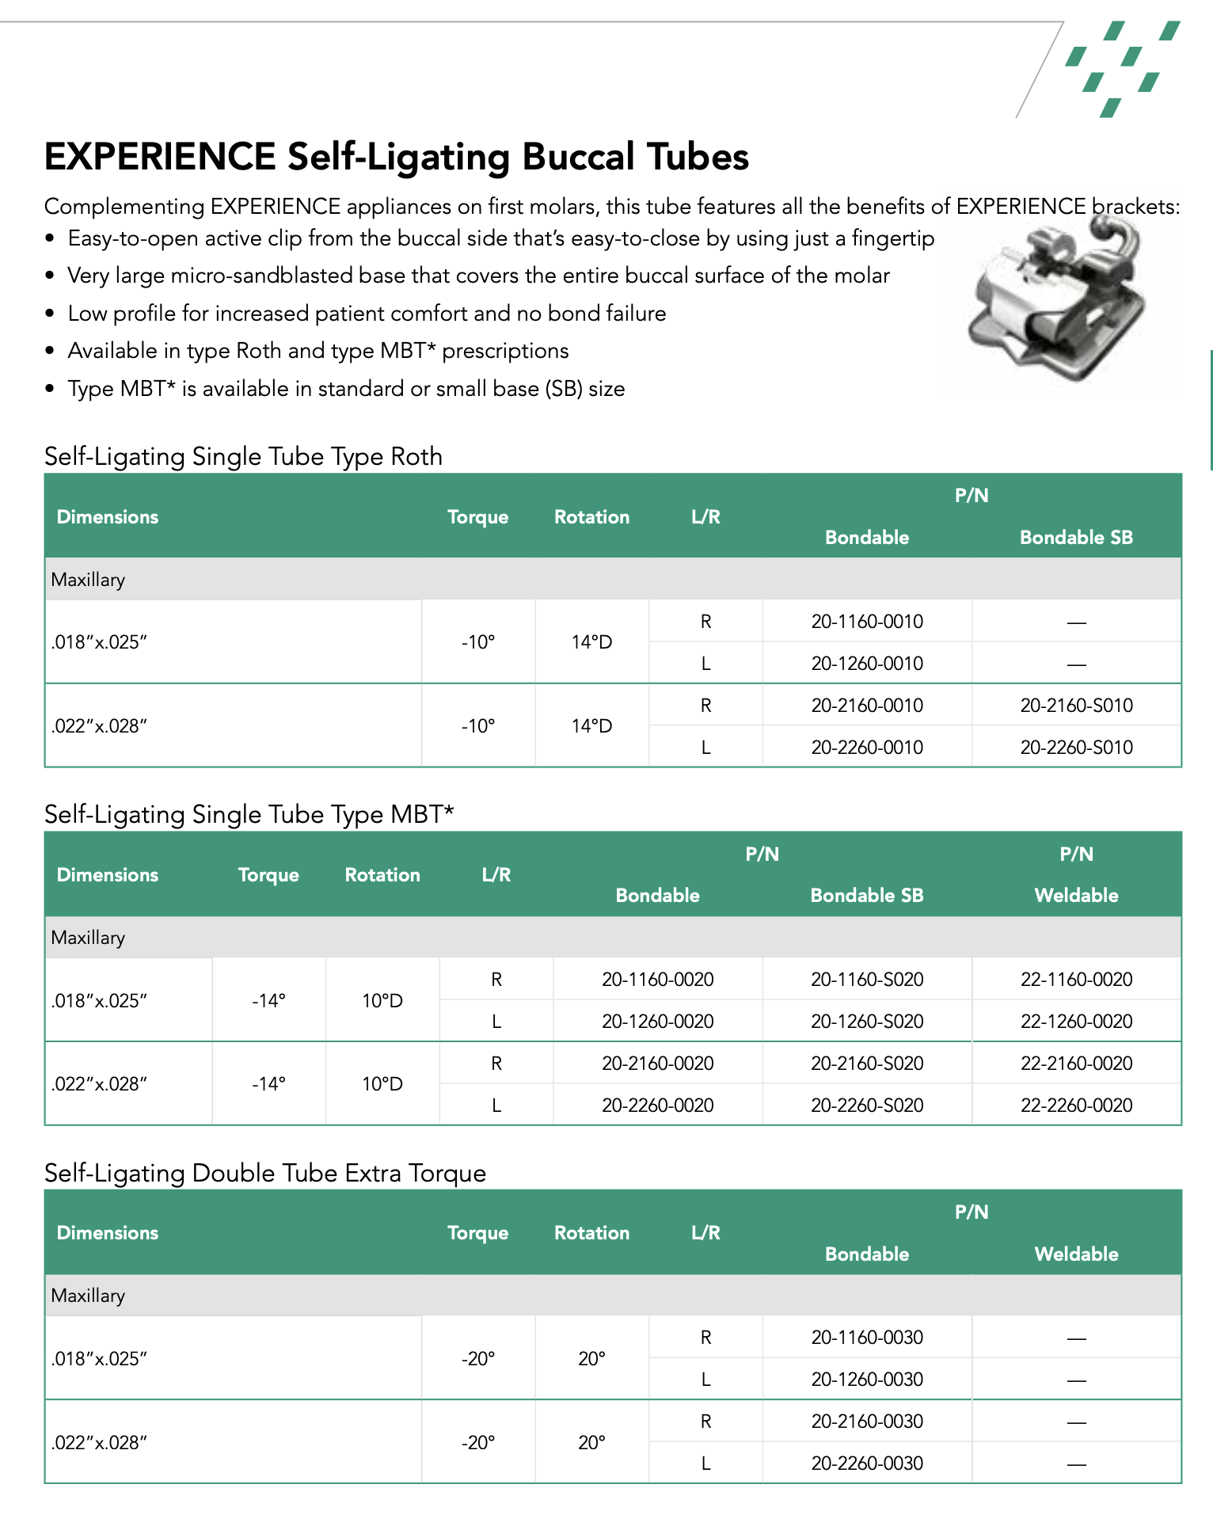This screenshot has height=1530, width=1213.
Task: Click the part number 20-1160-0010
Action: [867, 622]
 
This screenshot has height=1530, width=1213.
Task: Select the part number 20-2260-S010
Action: [1076, 748]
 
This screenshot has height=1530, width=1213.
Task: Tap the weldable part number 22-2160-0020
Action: [1076, 1064]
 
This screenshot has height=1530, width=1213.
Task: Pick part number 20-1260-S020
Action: [867, 1022]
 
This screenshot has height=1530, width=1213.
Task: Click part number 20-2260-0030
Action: [867, 1463]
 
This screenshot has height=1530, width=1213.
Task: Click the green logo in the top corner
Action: [1122, 69]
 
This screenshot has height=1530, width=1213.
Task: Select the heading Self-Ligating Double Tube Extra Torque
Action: [265, 1173]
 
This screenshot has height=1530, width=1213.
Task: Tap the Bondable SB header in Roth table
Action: [1076, 538]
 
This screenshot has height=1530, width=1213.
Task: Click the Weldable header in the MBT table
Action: [1076, 896]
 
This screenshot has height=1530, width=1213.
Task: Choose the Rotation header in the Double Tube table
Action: [591, 1233]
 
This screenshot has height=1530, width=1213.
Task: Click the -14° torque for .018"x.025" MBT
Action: [268, 1001]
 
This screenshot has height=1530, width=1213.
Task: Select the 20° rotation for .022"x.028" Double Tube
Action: [591, 1443]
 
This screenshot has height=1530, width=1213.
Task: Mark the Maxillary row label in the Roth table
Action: [88, 580]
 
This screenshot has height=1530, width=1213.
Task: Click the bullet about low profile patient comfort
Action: [367, 314]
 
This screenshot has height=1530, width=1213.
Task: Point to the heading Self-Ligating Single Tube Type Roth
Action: [243, 457]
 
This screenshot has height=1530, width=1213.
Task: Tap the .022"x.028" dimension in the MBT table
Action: [100, 1084]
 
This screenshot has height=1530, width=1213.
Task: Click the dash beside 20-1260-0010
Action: [1076, 664]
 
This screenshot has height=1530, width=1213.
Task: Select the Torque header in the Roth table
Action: [477, 517]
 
